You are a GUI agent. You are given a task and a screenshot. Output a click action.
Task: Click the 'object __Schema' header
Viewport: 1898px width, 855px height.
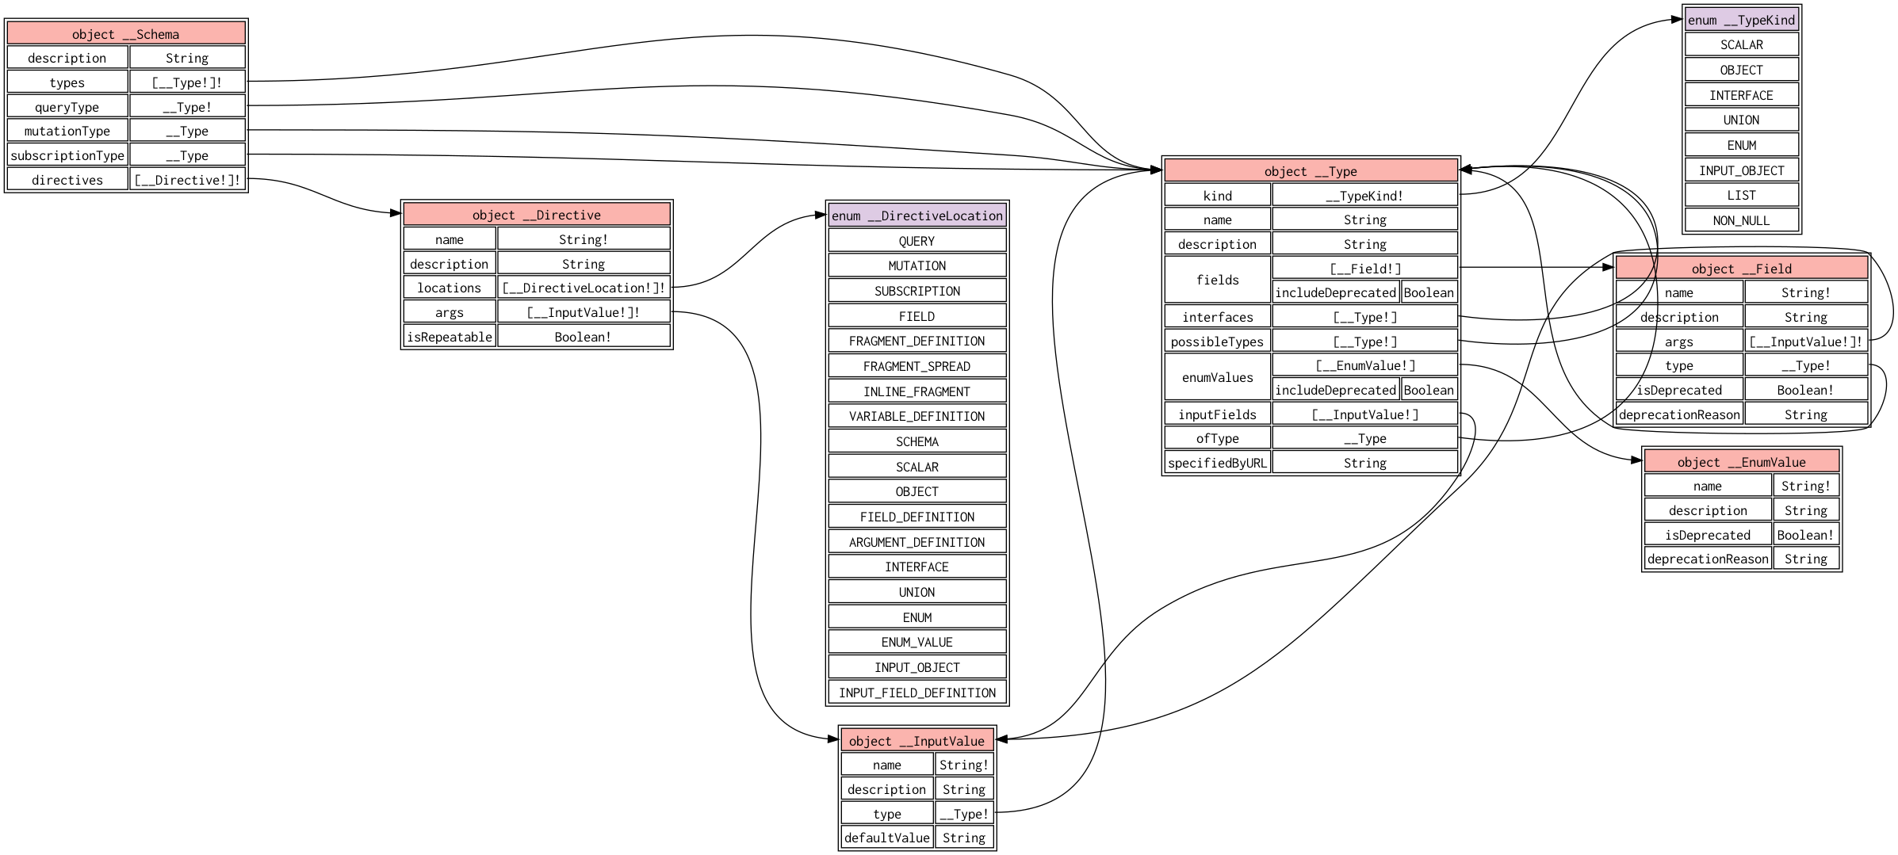pos(126,33)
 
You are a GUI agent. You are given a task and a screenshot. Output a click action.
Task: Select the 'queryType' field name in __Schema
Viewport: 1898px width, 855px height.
pos(67,106)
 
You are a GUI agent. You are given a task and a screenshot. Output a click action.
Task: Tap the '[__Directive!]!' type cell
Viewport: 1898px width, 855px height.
pos(187,179)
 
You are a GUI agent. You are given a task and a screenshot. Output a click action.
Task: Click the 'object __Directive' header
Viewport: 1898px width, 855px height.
pos(537,214)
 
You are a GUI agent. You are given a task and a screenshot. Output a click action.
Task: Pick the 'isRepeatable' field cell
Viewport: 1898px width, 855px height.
pos(450,336)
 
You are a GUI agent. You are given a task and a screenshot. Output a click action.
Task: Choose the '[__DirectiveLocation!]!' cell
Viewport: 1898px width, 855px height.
pos(584,287)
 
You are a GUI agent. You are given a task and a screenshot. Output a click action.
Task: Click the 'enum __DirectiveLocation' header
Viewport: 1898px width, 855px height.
pos(917,215)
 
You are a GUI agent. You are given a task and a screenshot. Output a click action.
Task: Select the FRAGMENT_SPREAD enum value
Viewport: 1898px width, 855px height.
pos(917,365)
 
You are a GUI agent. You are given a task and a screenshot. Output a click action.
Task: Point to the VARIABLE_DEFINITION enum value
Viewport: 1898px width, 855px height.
pos(917,415)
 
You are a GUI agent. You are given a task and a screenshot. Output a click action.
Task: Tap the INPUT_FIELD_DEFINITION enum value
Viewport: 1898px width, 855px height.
pos(917,692)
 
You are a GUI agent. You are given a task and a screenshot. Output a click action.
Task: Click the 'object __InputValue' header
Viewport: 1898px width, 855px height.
pos(917,740)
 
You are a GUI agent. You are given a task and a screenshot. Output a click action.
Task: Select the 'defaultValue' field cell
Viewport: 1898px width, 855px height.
pos(887,837)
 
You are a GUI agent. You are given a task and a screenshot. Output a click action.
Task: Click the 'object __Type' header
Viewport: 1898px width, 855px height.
pos(1311,170)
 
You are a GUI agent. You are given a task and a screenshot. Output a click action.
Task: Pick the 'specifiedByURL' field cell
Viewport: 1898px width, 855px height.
pos(1218,462)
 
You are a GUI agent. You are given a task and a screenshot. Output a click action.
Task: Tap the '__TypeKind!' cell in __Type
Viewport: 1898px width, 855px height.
pos(1364,195)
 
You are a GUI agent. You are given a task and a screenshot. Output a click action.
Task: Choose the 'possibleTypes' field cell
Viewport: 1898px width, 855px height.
pos(1218,341)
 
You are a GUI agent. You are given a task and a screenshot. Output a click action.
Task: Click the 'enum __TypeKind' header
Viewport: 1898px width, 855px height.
pos(1742,20)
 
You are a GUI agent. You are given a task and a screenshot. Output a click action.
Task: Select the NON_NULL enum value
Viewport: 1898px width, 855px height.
pos(1742,219)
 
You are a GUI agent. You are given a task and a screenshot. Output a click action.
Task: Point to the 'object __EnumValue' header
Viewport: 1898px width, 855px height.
pos(1742,461)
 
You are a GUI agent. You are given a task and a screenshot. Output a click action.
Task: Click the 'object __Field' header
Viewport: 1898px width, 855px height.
pos(1742,268)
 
